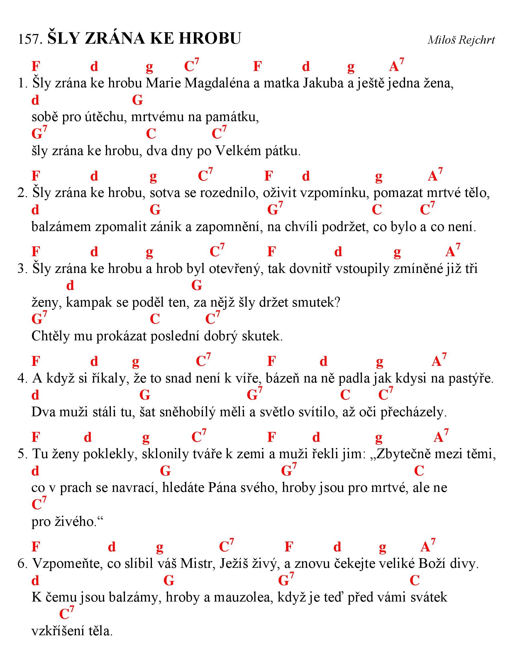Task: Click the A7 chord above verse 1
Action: tap(396, 65)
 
